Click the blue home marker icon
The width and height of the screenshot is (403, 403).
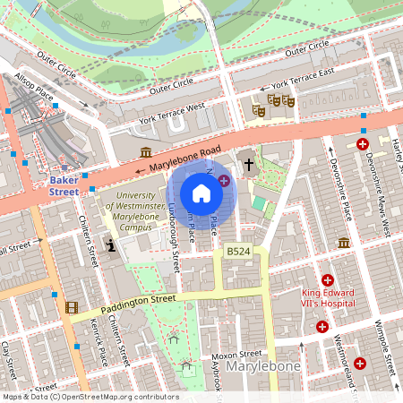[x=201, y=193]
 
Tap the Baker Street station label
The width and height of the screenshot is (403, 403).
[x=64, y=185]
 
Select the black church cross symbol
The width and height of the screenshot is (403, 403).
[x=249, y=166]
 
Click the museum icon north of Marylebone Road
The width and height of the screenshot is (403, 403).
[x=146, y=151]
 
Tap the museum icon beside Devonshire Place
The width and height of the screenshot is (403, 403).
[x=344, y=243]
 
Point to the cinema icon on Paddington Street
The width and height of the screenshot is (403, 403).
[x=71, y=308]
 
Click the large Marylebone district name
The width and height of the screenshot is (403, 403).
[x=262, y=367]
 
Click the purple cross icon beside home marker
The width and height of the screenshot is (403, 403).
[x=223, y=180]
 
